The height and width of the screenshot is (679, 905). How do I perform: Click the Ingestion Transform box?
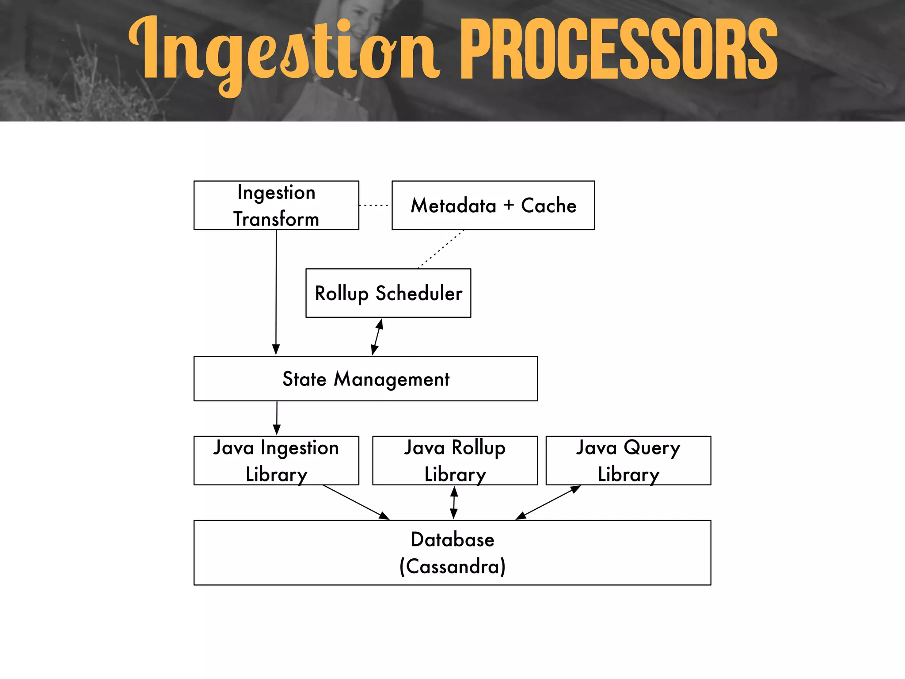276,205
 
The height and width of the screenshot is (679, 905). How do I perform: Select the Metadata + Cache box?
493,205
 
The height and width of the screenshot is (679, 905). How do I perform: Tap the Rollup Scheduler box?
388,293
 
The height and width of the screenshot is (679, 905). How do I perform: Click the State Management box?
365,379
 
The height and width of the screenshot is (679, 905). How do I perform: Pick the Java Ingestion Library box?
276,461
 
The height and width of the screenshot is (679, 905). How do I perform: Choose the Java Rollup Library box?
455,461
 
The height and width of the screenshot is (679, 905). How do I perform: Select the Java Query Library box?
628,461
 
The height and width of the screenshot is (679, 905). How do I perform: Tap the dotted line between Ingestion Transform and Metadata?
374,206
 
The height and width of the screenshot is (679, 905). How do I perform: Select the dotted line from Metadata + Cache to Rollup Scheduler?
441,249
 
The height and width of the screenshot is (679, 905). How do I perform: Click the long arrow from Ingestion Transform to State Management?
276,292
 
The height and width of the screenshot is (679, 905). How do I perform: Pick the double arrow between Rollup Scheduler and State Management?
377,337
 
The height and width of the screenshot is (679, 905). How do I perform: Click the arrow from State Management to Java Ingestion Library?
277,418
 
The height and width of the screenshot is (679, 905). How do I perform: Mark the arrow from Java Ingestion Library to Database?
356,502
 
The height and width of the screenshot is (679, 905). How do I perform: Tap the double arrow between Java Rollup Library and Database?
454,503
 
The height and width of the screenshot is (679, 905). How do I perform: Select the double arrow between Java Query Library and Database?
548,502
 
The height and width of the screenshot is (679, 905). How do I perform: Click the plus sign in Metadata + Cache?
509,205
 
